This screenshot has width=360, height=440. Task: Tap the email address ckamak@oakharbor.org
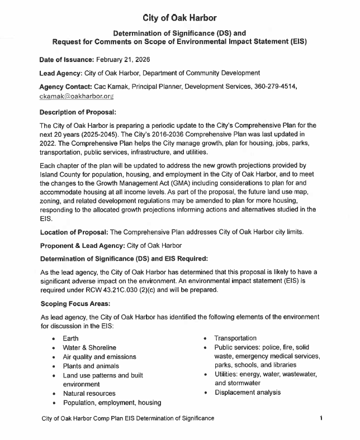(77, 96)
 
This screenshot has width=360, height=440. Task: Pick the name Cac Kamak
(113, 87)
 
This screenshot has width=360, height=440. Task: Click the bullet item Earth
(70, 338)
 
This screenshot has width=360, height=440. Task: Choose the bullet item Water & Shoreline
(89, 348)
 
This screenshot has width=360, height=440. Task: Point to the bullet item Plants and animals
(91, 366)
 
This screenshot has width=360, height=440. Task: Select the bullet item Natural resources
(89, 394)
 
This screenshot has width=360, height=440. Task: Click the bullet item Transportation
(235, 338)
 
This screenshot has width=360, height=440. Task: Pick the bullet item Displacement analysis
(247, 393)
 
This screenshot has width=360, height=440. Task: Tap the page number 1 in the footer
(322, 418)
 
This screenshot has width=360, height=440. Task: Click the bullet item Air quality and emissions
(100, 357)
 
